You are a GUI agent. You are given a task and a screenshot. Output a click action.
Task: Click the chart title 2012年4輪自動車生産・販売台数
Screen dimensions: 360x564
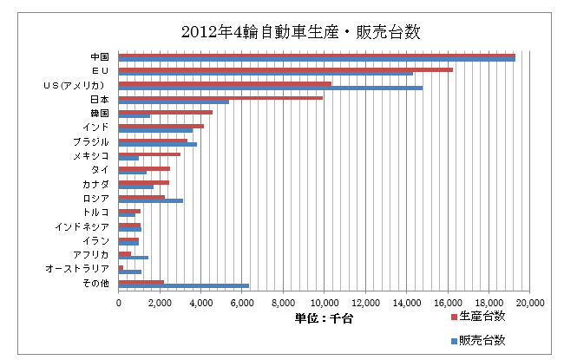[300, 32]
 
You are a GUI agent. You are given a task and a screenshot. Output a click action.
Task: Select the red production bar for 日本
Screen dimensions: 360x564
[220, 98]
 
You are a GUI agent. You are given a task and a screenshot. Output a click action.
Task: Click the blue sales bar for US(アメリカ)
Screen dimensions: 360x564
[270, 88]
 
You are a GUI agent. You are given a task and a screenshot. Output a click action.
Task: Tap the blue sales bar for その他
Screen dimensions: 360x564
[183, 285]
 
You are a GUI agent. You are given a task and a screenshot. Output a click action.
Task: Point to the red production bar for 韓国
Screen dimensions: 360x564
[165, 112]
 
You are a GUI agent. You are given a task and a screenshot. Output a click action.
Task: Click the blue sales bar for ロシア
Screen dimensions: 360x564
[150, 200]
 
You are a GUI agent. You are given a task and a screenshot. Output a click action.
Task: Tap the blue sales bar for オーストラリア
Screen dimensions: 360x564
[129, 272]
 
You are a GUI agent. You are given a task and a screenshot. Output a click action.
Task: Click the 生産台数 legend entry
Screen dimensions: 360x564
[482, 316]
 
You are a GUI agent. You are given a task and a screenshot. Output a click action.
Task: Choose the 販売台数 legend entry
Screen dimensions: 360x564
[482, 340]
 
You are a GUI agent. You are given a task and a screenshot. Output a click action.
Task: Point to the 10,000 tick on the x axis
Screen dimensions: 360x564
[324, 303]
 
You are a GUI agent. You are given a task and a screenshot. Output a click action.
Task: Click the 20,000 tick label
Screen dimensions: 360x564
[529, 303]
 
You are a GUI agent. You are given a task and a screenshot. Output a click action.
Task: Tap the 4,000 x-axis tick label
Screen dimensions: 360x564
[200, 303]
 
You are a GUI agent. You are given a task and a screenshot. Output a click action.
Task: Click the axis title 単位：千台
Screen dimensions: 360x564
[325, 318]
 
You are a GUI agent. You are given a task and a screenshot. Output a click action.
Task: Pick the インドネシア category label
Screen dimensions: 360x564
[81, 226]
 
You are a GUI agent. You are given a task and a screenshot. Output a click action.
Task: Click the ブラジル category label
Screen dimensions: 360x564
[91, 141]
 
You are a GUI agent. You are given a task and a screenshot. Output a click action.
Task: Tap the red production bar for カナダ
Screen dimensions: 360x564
[143, 182]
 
